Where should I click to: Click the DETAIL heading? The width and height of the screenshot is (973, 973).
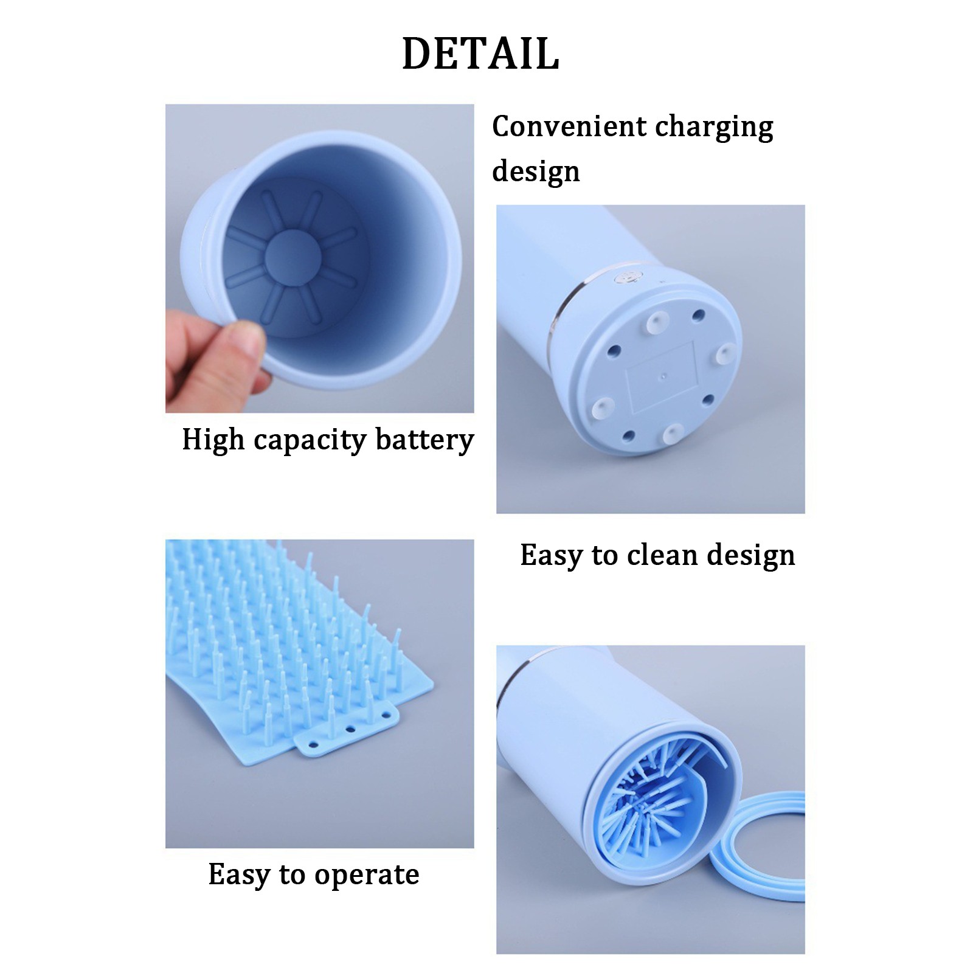[480, 54]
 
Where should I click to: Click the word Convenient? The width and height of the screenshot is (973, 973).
[569, 126]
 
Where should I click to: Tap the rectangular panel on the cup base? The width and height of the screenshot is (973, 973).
[662, 377]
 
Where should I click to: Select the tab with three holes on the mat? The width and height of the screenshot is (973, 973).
[347, 729]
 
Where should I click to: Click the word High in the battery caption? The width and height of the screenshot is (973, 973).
[213, 440]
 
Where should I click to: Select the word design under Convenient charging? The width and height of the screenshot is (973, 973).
[536, 171]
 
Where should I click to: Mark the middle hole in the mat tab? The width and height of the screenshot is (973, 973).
[350, 729]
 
